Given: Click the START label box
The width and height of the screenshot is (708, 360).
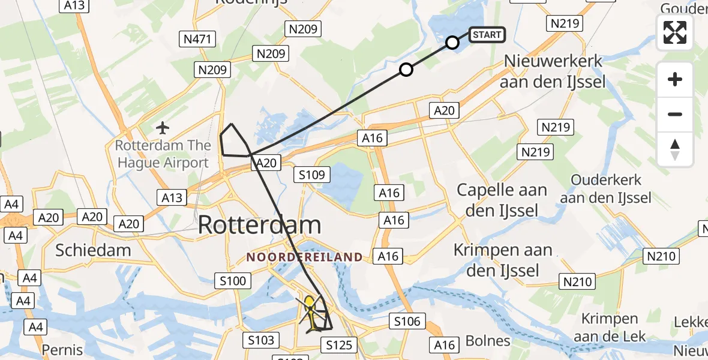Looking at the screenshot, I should point(487,35).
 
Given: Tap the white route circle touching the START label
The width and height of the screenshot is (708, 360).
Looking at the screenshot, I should point(452,43).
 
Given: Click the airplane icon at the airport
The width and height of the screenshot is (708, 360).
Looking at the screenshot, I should point(162,127).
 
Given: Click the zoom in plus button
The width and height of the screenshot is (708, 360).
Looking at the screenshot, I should point(675,79).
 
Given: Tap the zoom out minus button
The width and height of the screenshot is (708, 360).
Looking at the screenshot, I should point(675,114).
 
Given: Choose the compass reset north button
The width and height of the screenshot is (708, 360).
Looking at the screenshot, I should point(675,149).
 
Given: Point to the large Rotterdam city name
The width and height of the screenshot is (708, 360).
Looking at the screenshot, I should point(259,225).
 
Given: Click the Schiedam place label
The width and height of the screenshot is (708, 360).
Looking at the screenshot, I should point(93,250).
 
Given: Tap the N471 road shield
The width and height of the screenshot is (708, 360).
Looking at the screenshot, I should point(196,39).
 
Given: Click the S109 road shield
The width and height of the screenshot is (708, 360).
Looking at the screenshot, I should point(313,175).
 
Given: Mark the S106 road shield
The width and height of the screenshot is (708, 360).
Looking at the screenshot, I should point(407,322).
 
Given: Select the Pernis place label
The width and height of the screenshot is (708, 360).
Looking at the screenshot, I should point(62,349).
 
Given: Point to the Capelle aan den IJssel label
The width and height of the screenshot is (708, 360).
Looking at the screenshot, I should point(502,200).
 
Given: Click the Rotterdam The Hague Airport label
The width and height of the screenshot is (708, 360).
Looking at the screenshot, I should point(163,154).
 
